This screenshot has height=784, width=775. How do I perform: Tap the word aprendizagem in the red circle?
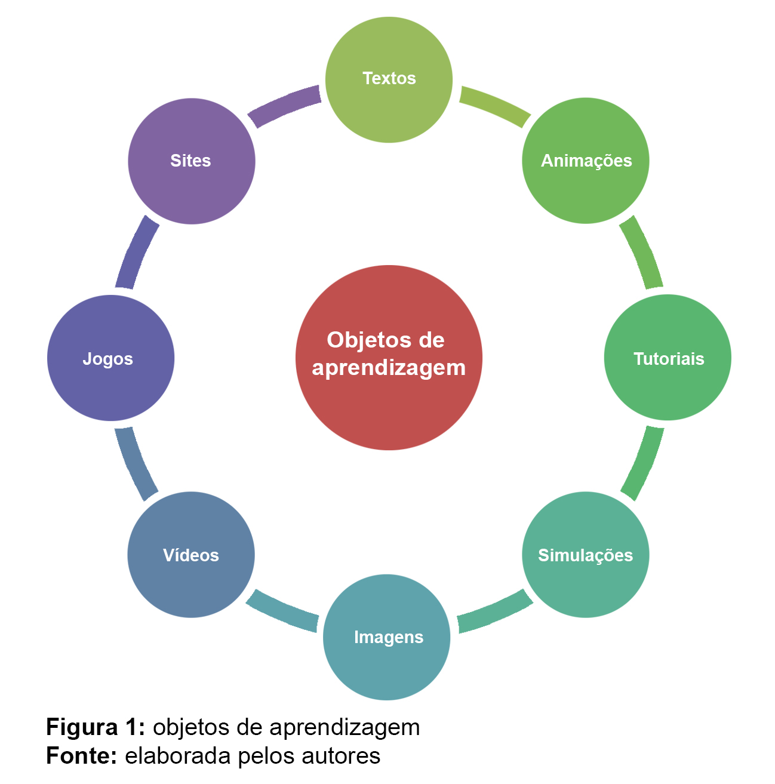pos(389,368)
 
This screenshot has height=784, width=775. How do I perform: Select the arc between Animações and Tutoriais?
pos(642,252)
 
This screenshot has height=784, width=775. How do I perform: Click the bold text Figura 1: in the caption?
pos(96,727)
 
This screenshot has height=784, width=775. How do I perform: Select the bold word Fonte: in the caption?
pos(82,756)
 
